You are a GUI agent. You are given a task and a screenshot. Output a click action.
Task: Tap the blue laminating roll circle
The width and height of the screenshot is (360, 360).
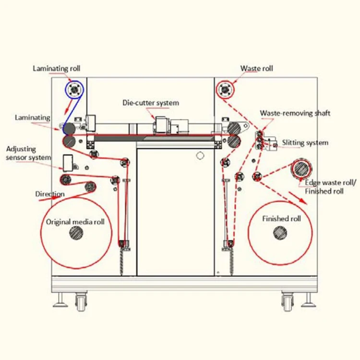pos(73,89)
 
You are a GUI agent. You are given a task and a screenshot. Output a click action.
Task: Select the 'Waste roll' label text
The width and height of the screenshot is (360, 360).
pos(256,69)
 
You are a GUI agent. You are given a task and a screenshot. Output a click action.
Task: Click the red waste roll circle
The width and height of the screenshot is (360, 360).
pos(225,89)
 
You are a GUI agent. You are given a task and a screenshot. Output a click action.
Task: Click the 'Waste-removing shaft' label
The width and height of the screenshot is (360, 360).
pos(295,113)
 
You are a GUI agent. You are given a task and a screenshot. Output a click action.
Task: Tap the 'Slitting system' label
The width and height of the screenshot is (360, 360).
pos(305,143)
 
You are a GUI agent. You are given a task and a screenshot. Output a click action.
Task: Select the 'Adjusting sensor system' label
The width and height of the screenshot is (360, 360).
pos(29,154)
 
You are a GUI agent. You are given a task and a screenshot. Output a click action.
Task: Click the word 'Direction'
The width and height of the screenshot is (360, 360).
pos(49,194)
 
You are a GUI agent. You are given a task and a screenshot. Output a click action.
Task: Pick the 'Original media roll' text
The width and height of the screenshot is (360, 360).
pos(75,222)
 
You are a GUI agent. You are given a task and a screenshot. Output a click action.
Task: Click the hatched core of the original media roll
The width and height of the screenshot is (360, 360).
pos(75,233)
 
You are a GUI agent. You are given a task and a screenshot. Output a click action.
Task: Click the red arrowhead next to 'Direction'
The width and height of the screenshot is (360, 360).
pos(62,194)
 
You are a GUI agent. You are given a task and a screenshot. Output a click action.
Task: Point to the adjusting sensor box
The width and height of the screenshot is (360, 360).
pos(68,162)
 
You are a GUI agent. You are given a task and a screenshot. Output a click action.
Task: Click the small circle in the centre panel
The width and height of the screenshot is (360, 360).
pos(201,155)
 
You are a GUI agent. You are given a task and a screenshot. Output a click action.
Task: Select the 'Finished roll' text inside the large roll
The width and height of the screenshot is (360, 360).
pos(281,219)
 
